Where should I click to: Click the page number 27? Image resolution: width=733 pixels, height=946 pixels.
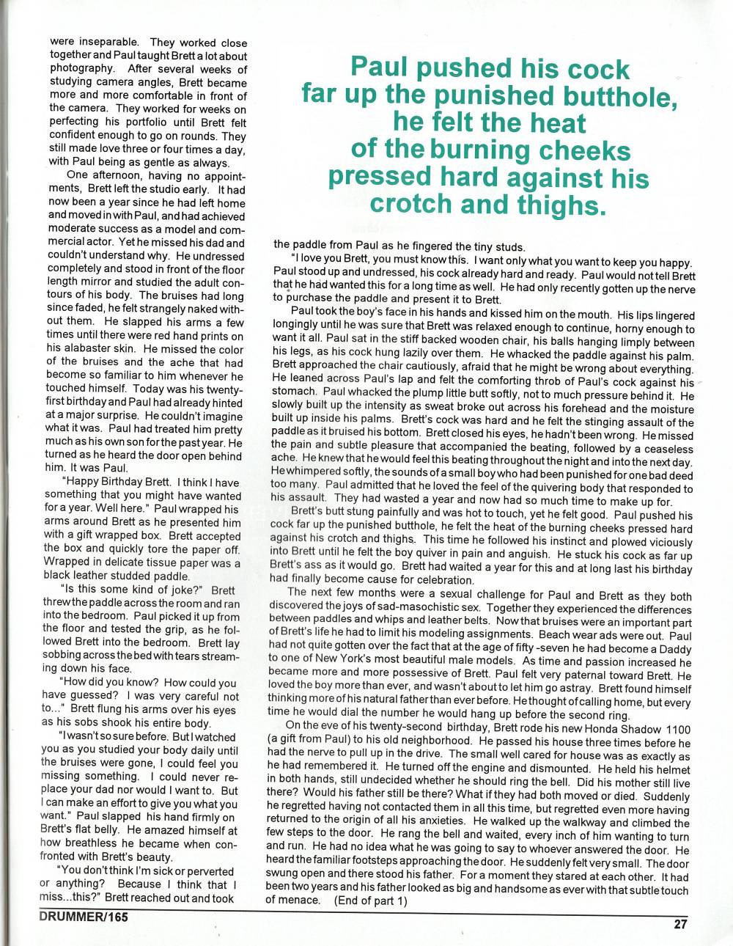pos(680,924)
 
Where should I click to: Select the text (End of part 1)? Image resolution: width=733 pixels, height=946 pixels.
pos(370,901)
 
